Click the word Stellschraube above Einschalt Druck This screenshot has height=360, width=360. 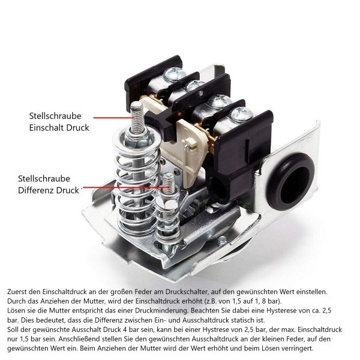[55, 116]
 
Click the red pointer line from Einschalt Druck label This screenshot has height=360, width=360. [113, 118]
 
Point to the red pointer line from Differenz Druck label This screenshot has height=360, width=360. [125, 187]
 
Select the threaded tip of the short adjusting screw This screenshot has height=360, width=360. [170, 183]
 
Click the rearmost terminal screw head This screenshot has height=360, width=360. [175, 73]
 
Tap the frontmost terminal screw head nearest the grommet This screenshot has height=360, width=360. [242, 114]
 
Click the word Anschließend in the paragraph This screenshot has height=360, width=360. [79, 339]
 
